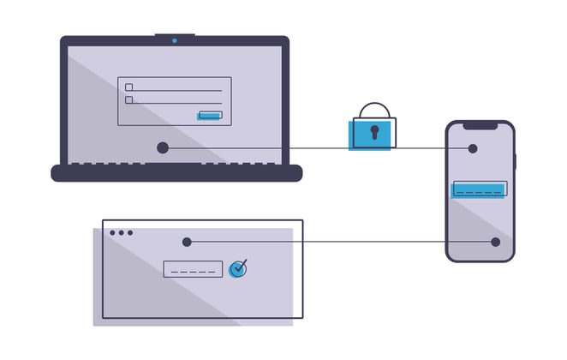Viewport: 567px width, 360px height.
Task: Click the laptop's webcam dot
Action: (x=175, y=39)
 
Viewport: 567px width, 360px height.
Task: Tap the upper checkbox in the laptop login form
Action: (x=129, y=87)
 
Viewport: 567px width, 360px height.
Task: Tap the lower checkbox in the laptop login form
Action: (x=129, y=99)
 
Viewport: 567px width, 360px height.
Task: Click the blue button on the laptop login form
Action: (x=210, y=115)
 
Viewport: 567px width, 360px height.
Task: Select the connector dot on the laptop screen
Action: (x=163, y=147)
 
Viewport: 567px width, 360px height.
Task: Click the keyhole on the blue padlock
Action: (x=373, y=132)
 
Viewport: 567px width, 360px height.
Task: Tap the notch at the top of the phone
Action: (x=480, y=125)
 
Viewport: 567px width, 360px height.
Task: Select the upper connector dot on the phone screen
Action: (x=473, y=148)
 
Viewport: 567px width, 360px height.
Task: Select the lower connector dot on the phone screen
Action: (x=495, y=242)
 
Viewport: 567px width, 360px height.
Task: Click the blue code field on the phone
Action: (x=479, y=189)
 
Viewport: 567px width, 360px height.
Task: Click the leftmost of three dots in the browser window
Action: (x=112, y=232)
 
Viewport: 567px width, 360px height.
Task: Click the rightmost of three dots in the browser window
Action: (x=131, y=232)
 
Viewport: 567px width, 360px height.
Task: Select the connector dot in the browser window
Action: (x=187, y=242)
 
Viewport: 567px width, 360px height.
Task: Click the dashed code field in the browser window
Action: (x=193, y=269)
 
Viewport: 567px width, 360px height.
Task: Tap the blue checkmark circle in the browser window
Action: (x=237, y=268)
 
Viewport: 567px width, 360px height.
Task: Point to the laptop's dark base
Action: (x=176, y=173)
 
